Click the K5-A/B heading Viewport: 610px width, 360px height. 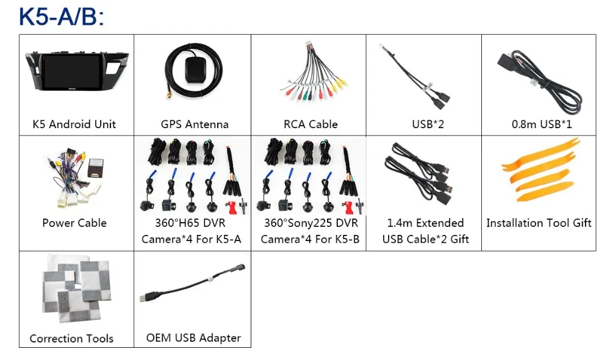point(62,17)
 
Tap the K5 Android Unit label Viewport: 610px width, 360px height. point(74,124)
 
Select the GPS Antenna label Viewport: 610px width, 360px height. point(195,124)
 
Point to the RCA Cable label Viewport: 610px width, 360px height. point(310,124)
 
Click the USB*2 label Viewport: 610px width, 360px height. point(428,124)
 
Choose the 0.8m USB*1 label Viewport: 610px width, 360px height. point(542,124)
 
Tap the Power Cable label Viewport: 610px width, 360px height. point(74,223)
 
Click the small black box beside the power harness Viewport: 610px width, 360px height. point(96,167)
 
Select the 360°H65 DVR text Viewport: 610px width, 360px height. point(190,223)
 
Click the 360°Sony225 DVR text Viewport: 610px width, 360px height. point(311,223)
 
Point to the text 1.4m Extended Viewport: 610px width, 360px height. point(425,223)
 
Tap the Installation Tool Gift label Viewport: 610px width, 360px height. point(539,223)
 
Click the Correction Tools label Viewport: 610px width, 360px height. point(71,339)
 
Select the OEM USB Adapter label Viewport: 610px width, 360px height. point(193,338)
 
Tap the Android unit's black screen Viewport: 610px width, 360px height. point(73,73)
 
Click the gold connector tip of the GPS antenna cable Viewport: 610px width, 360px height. point(169,95)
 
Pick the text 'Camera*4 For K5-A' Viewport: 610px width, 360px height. point(191,239)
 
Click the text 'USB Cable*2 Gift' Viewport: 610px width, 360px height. point(425,239)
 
